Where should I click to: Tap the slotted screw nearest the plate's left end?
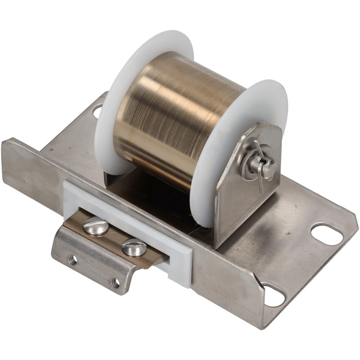[x=95, y=225]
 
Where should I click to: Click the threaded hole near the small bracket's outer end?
[x=72, y=259]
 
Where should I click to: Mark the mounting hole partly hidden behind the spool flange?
[x=97, y=110]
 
